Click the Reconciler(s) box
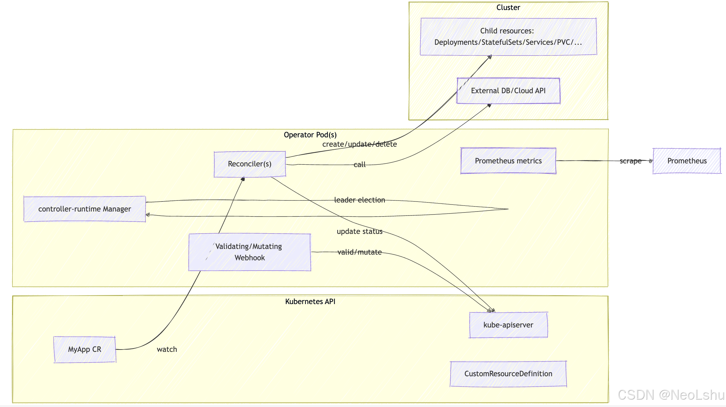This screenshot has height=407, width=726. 250,164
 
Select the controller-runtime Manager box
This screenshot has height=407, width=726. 85,209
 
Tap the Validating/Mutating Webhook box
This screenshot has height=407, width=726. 250,252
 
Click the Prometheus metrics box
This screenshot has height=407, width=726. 508,161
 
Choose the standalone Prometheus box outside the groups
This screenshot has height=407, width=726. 687,161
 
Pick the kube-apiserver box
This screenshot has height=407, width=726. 508,325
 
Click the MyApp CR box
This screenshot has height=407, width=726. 85,350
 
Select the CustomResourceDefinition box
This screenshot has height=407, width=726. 508,374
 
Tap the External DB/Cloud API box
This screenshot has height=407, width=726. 508,91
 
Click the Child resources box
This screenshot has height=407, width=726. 508,37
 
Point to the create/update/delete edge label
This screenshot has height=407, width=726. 360,144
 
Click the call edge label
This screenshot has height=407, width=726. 360,165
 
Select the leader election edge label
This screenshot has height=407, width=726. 360,200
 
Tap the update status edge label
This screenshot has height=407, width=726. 360,232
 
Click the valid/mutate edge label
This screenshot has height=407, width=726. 360,252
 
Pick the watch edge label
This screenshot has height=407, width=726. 167,350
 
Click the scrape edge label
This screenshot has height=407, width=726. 631,161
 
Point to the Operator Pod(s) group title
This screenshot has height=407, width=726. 310,135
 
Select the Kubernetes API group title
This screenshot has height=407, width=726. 310,302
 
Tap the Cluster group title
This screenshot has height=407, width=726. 508,8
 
